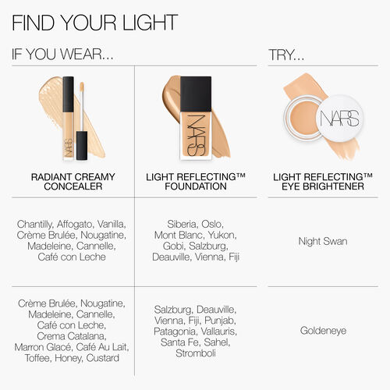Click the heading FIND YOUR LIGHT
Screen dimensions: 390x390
point(95,23)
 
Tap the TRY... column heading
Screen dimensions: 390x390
point(286,55)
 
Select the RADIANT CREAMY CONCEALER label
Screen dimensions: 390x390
point(73,182)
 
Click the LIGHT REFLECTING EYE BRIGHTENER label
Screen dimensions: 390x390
point(323,182)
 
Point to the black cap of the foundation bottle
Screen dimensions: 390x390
point(196,94)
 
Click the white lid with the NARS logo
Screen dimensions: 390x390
point(339,119)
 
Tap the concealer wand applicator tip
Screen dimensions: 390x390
point(82,88)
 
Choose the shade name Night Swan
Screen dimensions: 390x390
point(323,241)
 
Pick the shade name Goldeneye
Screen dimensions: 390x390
point(323,331)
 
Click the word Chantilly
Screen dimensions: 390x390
point(35,224)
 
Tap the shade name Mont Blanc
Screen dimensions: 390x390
point(179,235)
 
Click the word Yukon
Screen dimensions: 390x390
point(222,235)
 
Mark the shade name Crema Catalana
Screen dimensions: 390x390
point(72,336)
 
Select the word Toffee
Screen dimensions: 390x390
point(38,358)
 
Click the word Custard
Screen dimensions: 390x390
point(103,358)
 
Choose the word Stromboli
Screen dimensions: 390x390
point(196,353)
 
